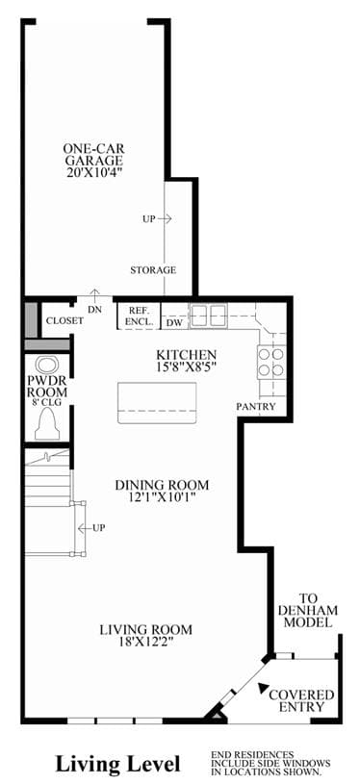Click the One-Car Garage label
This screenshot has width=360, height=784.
(93, 155)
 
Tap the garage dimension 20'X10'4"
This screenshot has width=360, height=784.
(93, 172)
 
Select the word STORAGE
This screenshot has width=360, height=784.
(153, 270)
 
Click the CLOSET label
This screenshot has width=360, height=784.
(64, 321)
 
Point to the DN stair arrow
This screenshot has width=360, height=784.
(94, 295)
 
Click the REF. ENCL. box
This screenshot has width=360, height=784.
(139, 316)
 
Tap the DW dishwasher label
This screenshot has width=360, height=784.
(173, 323)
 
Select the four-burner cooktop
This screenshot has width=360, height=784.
(271, 363)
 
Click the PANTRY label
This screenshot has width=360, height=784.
(256, 407)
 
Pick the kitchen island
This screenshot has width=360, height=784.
(157, 403)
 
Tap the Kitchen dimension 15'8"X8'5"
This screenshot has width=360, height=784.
(186, 366)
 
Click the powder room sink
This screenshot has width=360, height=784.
(47, 364)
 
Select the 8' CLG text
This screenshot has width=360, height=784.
(47, 400)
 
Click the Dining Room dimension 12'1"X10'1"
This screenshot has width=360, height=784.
(162, 497)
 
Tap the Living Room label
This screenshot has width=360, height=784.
(145, 629)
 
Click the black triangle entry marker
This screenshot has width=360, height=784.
(262, 688)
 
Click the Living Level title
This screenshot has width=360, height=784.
(117, 765)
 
